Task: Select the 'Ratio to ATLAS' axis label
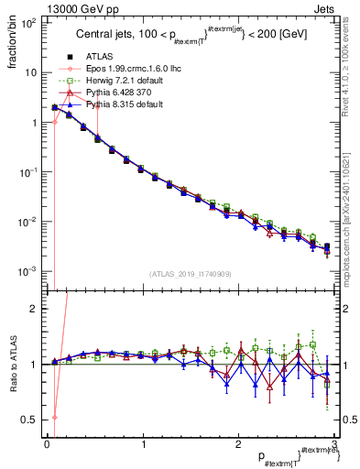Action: (x=12, y=366)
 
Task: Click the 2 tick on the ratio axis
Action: (x=35, y=309)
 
